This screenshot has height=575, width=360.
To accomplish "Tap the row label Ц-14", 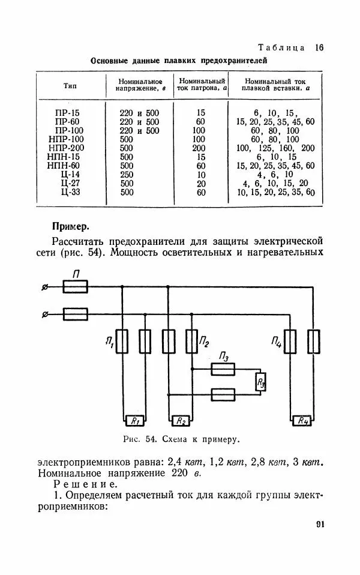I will click(70, 174).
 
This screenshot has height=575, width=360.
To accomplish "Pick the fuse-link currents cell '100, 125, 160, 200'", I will click(275, 148).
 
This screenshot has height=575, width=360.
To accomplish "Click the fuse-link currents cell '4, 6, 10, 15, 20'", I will click(275, 183).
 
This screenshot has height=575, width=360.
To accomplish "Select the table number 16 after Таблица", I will click(319, 47).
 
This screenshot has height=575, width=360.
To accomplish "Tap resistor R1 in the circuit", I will click(135, 420).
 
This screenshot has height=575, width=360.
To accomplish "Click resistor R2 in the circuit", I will click(179, 420).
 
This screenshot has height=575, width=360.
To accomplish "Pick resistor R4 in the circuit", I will click(302, 420).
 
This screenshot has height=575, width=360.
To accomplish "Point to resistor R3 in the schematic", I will click(260, 382).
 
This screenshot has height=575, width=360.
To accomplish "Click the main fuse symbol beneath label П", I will click(75, 287).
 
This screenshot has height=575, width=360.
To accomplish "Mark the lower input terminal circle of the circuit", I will click(44, 313).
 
